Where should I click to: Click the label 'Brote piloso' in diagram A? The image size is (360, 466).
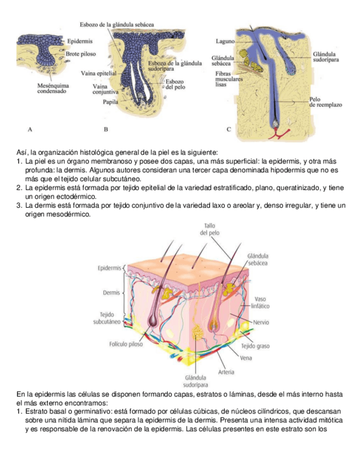click(x=80, y=54)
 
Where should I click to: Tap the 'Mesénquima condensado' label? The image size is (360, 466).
click(x=53, y=88)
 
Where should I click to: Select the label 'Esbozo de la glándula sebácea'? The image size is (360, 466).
click(x=117, y=25)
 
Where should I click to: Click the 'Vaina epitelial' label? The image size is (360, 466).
click(x=98, y=73)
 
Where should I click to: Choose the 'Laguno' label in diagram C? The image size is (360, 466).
click(x=225, y=42)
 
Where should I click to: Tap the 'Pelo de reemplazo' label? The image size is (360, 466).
click(x=325, y=102)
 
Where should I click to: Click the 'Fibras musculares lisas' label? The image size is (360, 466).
click(x=226, y=79)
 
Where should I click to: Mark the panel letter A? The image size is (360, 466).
click(x=30, y=130)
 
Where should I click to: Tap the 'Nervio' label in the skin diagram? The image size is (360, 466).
click(x=261, y=322)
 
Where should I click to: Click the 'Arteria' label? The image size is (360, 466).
click(x=226, y=372)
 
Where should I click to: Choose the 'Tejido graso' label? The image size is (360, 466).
click(x=255, y=346)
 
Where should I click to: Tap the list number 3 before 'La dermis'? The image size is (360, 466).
click(x=19, y=206)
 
